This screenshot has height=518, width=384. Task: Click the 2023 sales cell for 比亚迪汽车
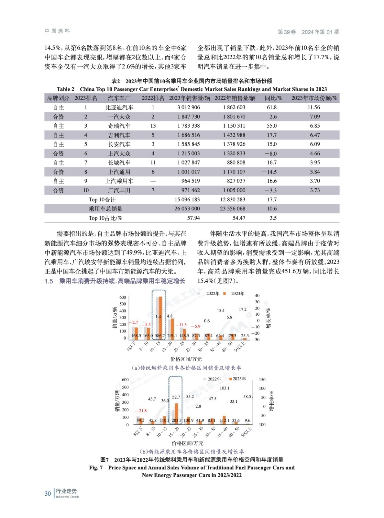pyautogui.click(x=188, y=107)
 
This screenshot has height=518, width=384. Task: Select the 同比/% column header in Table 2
pyautogui.click(x=273, y=98)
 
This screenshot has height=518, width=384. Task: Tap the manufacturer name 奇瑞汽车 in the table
pyautogui.click(x=119, y=126)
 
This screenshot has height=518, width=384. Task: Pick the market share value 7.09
pyautogui.click(x=315, y=117)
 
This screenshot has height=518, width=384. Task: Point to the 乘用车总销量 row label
pyautogui.click(x=105, y=209)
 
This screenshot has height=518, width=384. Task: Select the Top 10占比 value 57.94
pyautogui.click(x=193, y=218)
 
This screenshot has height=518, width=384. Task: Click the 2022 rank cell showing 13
pyautogui.click(x=153, y=126)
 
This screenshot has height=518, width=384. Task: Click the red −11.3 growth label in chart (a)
pyautogui.click(x=181, y=324)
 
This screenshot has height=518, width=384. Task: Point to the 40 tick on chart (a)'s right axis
pyautogui.click(x=257, y=296)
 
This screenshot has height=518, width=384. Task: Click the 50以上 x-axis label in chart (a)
pyautogui.click(x=239, y=347)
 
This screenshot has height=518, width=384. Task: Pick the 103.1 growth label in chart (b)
pyautogui.click(x=225, y=388)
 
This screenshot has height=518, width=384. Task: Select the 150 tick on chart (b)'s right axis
pyautogui.click(x=262, y=380)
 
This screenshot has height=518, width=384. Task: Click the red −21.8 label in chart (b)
pyautogui.click(x=141, y=411)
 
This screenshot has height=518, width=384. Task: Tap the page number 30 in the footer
pyautogui.click(x=48, y=494)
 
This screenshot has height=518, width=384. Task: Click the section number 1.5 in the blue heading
pyautogui.click(x=49, y=281)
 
